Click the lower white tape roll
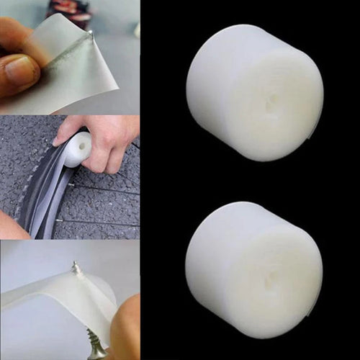click(x=254, y=270)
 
